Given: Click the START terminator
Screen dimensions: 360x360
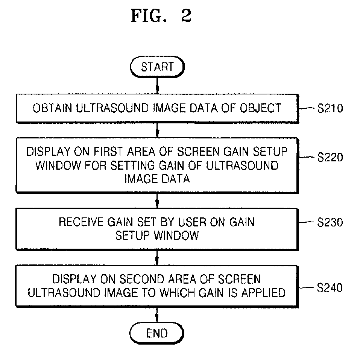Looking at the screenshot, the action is pyautogui.click(x=157, y=67).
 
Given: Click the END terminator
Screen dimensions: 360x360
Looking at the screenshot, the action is pyautogui.click(x=157, y=333).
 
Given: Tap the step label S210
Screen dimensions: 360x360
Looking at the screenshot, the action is pyautogui.click(x=330, y=108).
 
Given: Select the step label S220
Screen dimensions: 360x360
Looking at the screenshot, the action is pyautogui.click(x=330, y=157).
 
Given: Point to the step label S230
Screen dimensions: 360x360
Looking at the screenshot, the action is pyautogui.click(x=330, y=222).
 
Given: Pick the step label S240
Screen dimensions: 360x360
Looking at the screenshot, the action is pyautogui.click(x=330, y=287).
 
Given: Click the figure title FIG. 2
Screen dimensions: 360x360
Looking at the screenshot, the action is pyautogui.click(x=161, y=16).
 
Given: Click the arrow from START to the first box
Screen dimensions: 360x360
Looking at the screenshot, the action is pyautogui.click(x=157, y=86).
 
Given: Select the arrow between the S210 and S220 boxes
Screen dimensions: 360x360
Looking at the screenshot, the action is pyautogui.click(x=157, y=131).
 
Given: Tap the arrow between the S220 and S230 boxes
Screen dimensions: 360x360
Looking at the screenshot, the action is pyautogui.click(x=157, y=201).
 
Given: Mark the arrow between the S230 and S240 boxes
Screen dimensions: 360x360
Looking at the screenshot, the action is pyautogui.click(x=157, y=258).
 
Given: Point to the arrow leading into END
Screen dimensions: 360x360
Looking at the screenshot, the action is pyautogui.click(x=157, y=315).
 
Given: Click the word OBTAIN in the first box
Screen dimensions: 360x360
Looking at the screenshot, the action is pyautogui.click(x=52, y=108).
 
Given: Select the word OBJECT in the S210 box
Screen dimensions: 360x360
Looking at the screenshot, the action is pyautogui.click(x=260, y=108).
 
